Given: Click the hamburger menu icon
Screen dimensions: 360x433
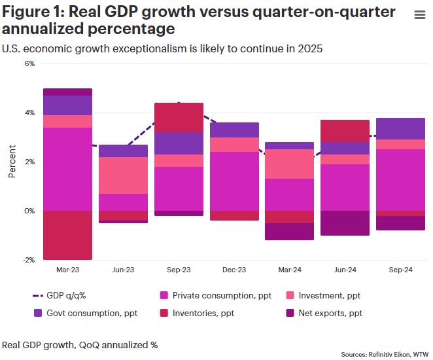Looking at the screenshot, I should pyautogui.click(x=419, y=16).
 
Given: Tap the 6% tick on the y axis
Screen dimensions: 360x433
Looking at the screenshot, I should pyautogui.click(x=29, y=63).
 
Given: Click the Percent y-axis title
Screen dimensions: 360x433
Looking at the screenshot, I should pyautogui.click(x=12, y=162).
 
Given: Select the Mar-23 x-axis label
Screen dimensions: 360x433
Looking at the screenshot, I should pyautogui.click(x=67, y=270).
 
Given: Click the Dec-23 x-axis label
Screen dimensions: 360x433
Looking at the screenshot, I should pyautogui.click(x=234, y=270).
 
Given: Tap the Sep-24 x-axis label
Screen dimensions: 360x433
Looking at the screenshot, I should pyautogui.click(x=401, y=270).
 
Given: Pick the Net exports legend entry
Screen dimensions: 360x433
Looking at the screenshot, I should pyautogui.click(x=330, y=314).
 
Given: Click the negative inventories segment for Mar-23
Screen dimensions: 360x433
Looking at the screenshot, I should pyautogui.click(x=67, y=235).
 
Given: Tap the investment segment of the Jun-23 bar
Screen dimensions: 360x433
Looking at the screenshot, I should pyautogui.click(x=123, y=175).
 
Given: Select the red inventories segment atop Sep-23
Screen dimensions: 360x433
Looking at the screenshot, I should pyautogui.click(x=179, y=118).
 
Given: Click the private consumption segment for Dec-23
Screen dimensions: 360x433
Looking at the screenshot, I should pyautogui.click(x=234, y=181).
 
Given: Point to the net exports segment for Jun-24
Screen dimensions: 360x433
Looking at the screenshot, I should pyautogui.click(x=345, y=223).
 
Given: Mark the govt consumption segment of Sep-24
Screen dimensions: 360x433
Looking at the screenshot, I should pyautogui.click(x=401, y=128).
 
